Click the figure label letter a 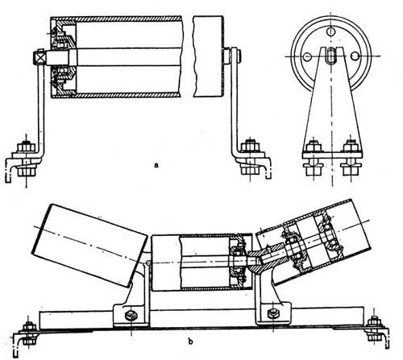pos(156,164)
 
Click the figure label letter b pos(190,341)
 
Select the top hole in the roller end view pos(331,31)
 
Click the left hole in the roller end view pos(306,56)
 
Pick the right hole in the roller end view pos(355,56)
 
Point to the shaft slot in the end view pos(332,55)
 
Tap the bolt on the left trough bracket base pos(131,316)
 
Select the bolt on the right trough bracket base pos(273,312)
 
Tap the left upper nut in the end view pos(314,147)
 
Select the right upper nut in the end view pos(351,147)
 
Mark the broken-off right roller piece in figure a pos(208,56)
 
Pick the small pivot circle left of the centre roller pos(148,263)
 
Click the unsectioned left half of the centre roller pos(166,263)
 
